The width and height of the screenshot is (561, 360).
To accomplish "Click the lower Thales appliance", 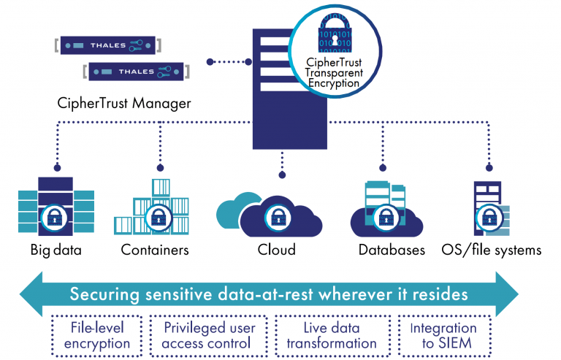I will pyautogui.click(x=137, y=72).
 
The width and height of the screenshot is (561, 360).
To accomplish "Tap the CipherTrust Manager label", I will pyautogui.click(x=123, y=103).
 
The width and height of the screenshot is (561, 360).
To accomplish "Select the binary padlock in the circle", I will pyautogui.click(x=334, y=39).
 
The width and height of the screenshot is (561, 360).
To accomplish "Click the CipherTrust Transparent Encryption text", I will pyautogui.click(x=334, y=73).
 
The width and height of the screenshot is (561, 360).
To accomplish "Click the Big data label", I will pyautogui.click(x=56, y=250).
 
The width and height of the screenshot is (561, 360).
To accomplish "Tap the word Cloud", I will pyautogui.click(x=276, y=250).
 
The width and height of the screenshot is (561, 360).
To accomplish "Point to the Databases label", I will pyautogui.click(x=392, y=250).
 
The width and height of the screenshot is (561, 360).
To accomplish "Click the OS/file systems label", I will pyautogui.click(x=492, y=250).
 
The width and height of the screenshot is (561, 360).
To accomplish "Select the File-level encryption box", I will pyautogui.click(x=97, y=335).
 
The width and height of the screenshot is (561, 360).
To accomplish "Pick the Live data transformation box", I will pyautogui.click(x=331, y=335).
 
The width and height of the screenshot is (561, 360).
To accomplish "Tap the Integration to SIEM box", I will pyautogui.click(x=443, y=335).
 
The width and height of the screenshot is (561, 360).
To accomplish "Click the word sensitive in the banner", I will pyautogui.click(x=187, y=295).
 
